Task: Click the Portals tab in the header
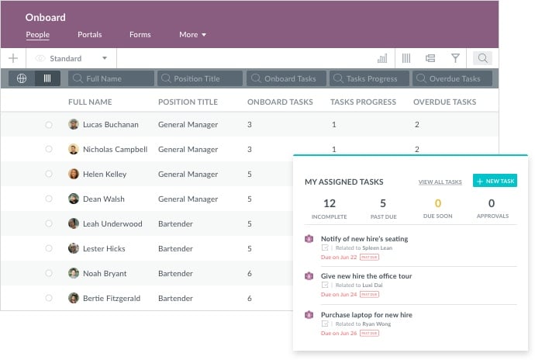(89, 35)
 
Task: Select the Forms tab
(140, 35)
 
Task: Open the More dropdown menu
(192, 35)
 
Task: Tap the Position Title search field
(199, 78)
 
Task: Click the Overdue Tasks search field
(452, 78)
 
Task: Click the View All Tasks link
(440, 182)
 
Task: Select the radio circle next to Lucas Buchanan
(49, 124)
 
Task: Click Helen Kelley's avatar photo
(74, 174)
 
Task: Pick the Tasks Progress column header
(363, 102)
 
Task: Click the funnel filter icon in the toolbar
(455, 58)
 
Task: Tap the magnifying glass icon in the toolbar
(482, 58)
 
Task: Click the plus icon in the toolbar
(12, 58)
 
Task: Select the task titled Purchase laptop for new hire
(366, 315)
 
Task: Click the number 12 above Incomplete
(329, 204)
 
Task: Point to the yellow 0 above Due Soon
(437, 204)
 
